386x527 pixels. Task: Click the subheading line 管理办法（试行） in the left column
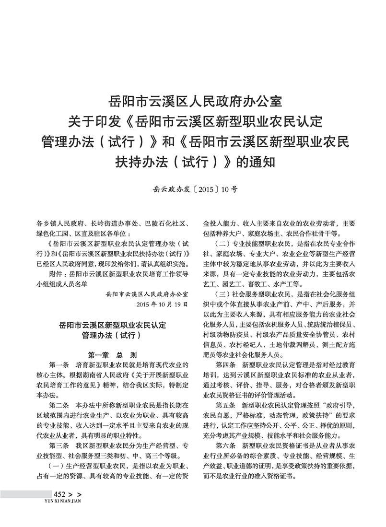[113, 335]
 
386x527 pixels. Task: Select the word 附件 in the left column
[57, 274]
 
